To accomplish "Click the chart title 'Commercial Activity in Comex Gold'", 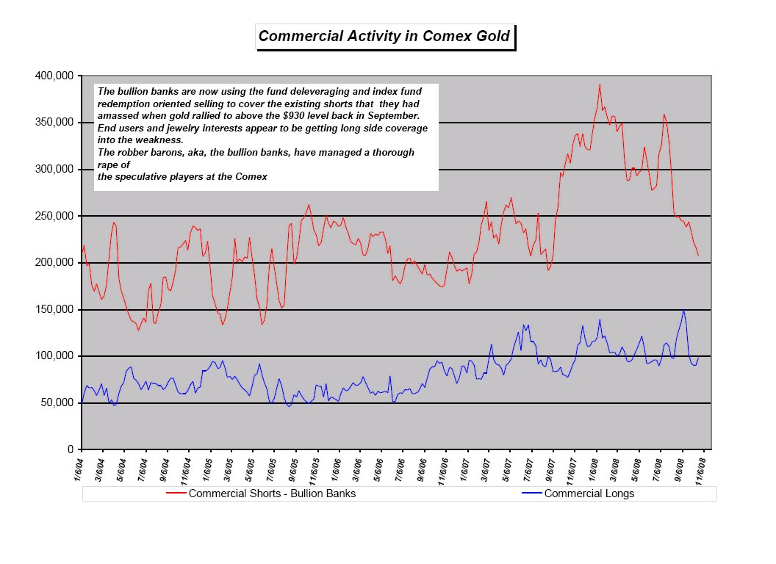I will [384, 36].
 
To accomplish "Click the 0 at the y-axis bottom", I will [70, 449].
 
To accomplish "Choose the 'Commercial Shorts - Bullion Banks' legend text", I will [272, 493].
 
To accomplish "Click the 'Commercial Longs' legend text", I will [589, 493].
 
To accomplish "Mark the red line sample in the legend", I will [176, 493].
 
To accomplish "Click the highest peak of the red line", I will [600, 84].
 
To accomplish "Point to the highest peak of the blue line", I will [683, 310].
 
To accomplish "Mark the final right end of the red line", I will [698, 256].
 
